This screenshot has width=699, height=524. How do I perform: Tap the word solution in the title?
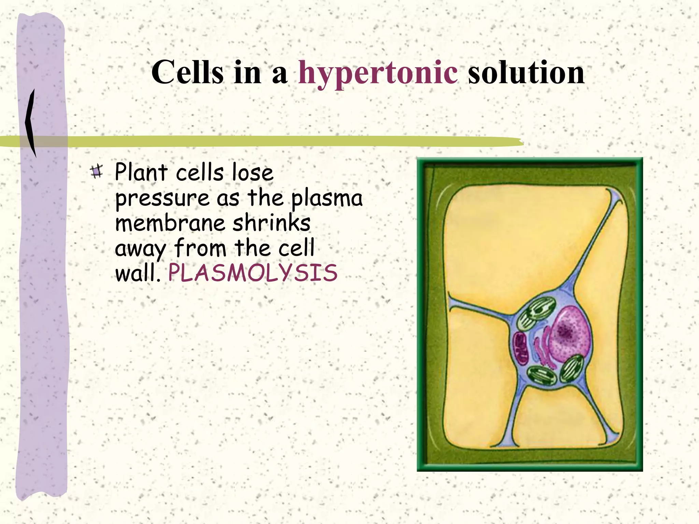[526, 73]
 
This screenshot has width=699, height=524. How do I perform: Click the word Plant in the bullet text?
[141, 172]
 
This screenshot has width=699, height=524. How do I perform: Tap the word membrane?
[170, 223]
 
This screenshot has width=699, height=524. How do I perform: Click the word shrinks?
[271, 223]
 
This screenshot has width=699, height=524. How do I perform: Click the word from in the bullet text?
[200, 248]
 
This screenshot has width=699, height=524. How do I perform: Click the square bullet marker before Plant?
[97, 171]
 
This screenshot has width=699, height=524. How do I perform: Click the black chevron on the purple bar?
[31, 123]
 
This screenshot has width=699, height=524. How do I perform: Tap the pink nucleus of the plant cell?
[570, 334]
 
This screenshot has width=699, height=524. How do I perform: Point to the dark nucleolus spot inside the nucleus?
[565, 331]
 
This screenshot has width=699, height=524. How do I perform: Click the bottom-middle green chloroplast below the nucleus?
[542, 375]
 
